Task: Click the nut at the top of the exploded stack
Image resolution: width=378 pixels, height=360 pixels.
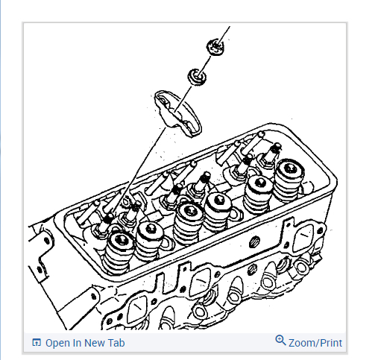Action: point(215,47)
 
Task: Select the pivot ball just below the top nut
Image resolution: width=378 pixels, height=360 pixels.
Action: point(197,77)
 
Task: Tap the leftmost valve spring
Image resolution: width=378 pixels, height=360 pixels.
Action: point(118,251)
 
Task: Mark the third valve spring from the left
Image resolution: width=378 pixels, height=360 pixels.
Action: point(188,222)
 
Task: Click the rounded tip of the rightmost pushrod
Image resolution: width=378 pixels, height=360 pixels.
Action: point(261,134)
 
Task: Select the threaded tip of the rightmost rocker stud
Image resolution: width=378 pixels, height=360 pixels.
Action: point(275,148)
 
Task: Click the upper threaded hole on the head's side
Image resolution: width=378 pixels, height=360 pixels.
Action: point(254,241)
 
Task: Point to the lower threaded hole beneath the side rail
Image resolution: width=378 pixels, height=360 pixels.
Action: point(252,269)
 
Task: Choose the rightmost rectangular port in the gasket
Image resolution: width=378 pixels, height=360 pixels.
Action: point(303,238)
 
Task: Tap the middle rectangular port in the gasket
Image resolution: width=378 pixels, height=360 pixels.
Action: point(200,281)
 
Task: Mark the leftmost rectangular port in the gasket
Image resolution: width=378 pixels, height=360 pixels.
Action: point(136,310)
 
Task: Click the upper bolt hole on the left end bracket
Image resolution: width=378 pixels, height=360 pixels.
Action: point(46,241)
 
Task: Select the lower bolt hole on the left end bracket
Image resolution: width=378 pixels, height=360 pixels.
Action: point(40,269)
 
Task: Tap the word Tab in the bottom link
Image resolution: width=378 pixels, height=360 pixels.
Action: point(116,343)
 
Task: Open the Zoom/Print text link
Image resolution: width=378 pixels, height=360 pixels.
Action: point(315,343)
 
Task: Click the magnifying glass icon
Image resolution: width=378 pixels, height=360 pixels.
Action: point(280,340)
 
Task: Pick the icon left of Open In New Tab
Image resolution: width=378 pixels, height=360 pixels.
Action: point(37,342)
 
